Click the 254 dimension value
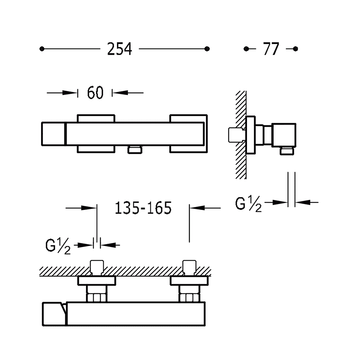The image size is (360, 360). click(120, 49)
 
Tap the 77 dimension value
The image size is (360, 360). click(271, 49)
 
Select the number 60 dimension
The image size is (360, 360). click(95, 93)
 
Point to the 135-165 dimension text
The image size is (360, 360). click(143, 208)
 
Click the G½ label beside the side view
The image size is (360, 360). click(248, 204)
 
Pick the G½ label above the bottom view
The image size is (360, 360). click(58, 246)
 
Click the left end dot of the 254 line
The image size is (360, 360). click(42, 49)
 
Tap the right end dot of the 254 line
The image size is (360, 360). click(207, 49)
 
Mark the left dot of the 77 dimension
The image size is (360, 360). click(246, 49)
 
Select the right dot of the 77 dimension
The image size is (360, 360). click(296, 49)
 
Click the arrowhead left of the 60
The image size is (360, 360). click(70, 93)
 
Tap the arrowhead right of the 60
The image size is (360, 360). click(120, 93)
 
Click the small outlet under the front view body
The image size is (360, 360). click(135, 150)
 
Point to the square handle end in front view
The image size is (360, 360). click(54, 134)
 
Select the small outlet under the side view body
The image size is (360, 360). click(287, 151)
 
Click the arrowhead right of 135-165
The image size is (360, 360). click(197, 208)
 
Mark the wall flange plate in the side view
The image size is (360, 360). click(251, 135)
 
